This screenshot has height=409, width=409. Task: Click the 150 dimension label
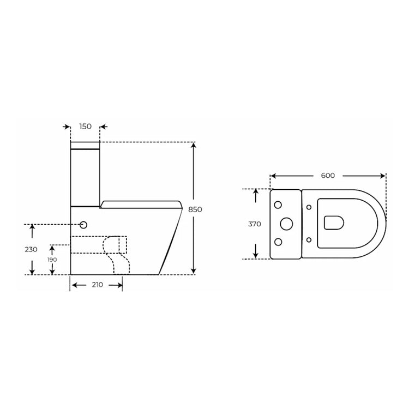click(85, 127)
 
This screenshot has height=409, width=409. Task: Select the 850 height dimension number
click(195, 209)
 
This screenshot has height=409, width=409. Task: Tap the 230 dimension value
click(31, 249)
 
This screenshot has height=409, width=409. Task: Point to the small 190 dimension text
click(52, 260)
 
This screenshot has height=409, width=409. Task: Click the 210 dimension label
click(97, 285)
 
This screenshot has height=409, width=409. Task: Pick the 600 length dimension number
click(328, 176)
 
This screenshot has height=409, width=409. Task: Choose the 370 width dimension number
click(255, 224)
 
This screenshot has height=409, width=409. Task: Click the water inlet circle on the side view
click(83, 225)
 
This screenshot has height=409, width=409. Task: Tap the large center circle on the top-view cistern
click(286, 224)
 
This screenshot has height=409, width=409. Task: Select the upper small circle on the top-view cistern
click(278, 205)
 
